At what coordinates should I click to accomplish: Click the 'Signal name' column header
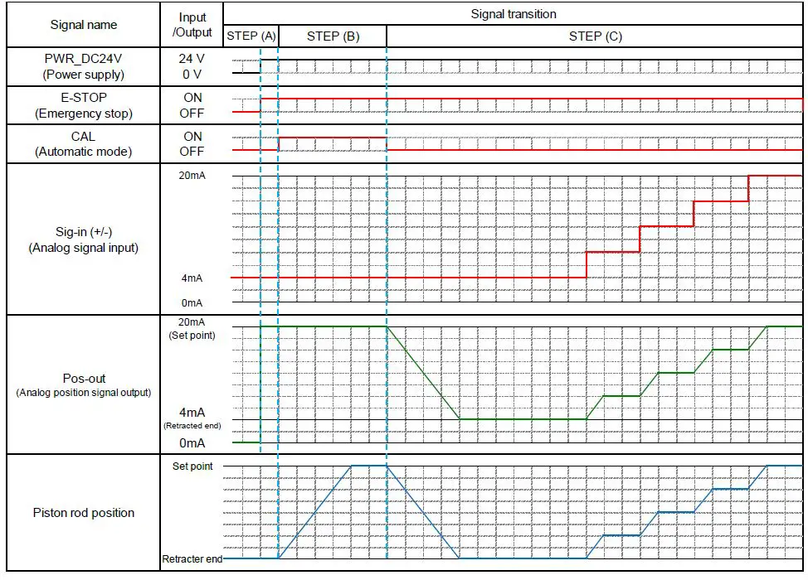point(84,25)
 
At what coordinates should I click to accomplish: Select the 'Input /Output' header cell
point(192,25)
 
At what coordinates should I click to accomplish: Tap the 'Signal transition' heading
point(514,14)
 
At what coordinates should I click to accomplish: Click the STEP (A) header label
point(251,36)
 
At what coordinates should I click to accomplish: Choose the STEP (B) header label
point(333,36)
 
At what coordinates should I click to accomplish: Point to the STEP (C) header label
point(595,36)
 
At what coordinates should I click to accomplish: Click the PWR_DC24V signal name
point(84,60)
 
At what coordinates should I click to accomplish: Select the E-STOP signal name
point(84,98)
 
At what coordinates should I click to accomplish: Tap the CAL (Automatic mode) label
point(84,144)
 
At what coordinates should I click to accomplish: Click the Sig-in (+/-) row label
point(84,231)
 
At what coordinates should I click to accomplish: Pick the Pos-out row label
point(84,378)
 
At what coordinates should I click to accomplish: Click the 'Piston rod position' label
point(84,513)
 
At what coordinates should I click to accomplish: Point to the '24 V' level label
point(192,60)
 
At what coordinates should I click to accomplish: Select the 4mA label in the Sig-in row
point(192,278)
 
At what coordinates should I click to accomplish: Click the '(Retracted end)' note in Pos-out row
point(192,425)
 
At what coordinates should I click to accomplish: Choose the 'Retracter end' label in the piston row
point(192,559)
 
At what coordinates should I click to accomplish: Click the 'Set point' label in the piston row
point(192,466)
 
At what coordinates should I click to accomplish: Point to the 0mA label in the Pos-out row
point(192,443)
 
